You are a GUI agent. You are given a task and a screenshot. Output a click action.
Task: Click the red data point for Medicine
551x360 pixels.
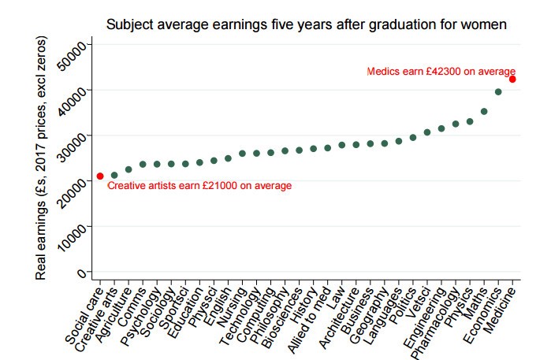point(512,79)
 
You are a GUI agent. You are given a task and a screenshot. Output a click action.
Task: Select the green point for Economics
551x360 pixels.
point(498,92)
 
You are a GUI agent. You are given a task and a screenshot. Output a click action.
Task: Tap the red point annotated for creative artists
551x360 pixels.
point(100,176)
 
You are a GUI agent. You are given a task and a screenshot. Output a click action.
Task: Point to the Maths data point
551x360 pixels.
point(484,112)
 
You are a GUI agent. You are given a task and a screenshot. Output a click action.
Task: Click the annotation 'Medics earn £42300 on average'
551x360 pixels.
point(441,71)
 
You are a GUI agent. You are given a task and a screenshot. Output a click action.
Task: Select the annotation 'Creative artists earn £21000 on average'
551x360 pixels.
point(199,186)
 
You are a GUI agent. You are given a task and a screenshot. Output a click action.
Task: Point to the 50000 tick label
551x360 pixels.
point(80,51)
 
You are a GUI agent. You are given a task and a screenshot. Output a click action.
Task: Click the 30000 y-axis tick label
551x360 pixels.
point(80,143)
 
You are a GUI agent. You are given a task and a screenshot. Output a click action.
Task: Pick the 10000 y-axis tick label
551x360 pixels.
point(80,233)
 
